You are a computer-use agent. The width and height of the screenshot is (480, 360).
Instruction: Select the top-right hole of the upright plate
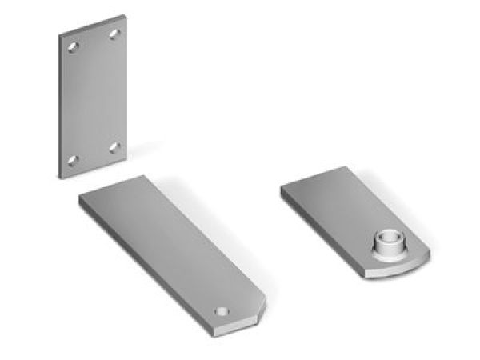point(114,34)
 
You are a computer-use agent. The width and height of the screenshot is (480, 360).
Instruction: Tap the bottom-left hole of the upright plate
point(73,160)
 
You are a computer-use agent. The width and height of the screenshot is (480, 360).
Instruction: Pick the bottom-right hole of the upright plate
point(114,147)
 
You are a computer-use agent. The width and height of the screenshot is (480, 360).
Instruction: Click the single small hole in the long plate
point(224,309)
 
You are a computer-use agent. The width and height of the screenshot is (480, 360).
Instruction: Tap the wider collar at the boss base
point(388,255)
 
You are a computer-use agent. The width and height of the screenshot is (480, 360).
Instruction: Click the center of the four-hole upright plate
point(94,96)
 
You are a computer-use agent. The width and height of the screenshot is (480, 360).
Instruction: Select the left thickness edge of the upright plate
point(59,104)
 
